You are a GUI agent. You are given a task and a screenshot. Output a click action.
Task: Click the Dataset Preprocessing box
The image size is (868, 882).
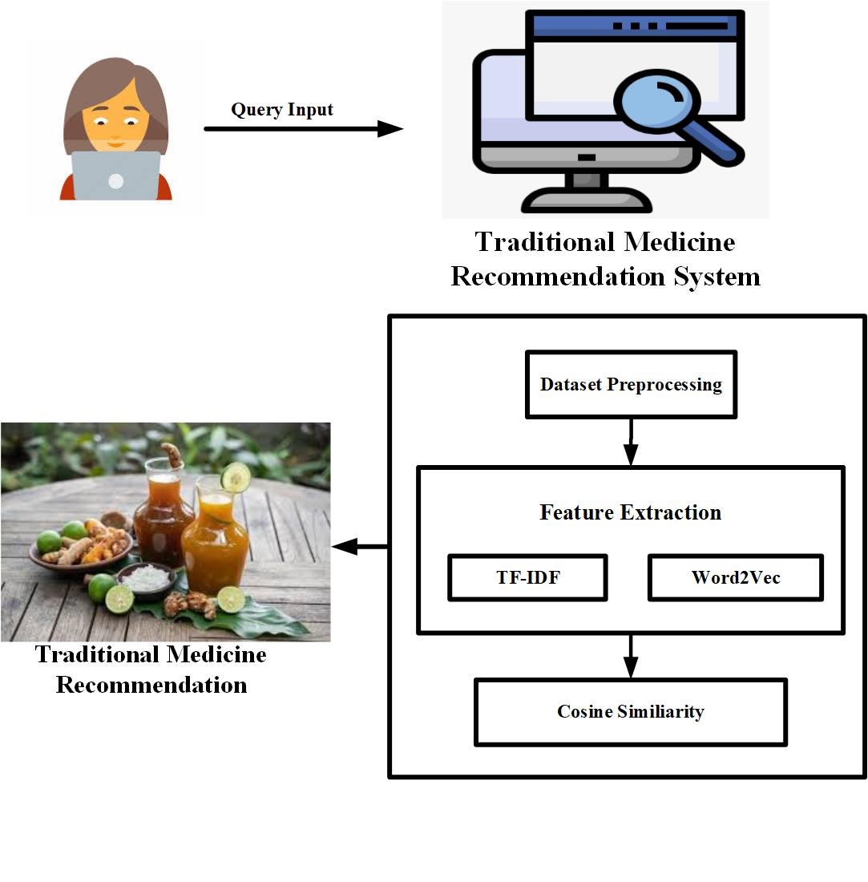(x=631, y=385)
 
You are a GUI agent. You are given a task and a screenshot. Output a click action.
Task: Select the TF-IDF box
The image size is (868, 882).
(x=527, y=577)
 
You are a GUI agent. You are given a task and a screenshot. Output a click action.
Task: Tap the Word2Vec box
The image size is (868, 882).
(x=735, y=577)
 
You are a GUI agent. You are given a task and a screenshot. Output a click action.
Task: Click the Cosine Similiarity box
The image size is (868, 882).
(x=631, y=712)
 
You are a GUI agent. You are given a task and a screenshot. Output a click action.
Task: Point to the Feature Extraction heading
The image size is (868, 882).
(x=631, y=512)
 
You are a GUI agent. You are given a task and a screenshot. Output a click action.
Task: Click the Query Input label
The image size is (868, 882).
(x=282, y=110)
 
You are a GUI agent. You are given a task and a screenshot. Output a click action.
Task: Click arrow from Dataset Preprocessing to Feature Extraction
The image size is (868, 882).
(x=631, y=441)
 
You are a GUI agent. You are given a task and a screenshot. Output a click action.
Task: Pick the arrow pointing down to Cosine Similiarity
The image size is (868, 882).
(x=631, y=656)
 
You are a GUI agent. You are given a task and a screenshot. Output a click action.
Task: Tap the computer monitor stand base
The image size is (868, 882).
(x=587, y=199)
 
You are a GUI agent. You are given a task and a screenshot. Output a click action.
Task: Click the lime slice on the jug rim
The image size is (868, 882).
(x=236, y=478)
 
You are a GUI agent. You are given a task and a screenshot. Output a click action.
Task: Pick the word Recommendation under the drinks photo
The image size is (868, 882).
(x=151, y=686)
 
